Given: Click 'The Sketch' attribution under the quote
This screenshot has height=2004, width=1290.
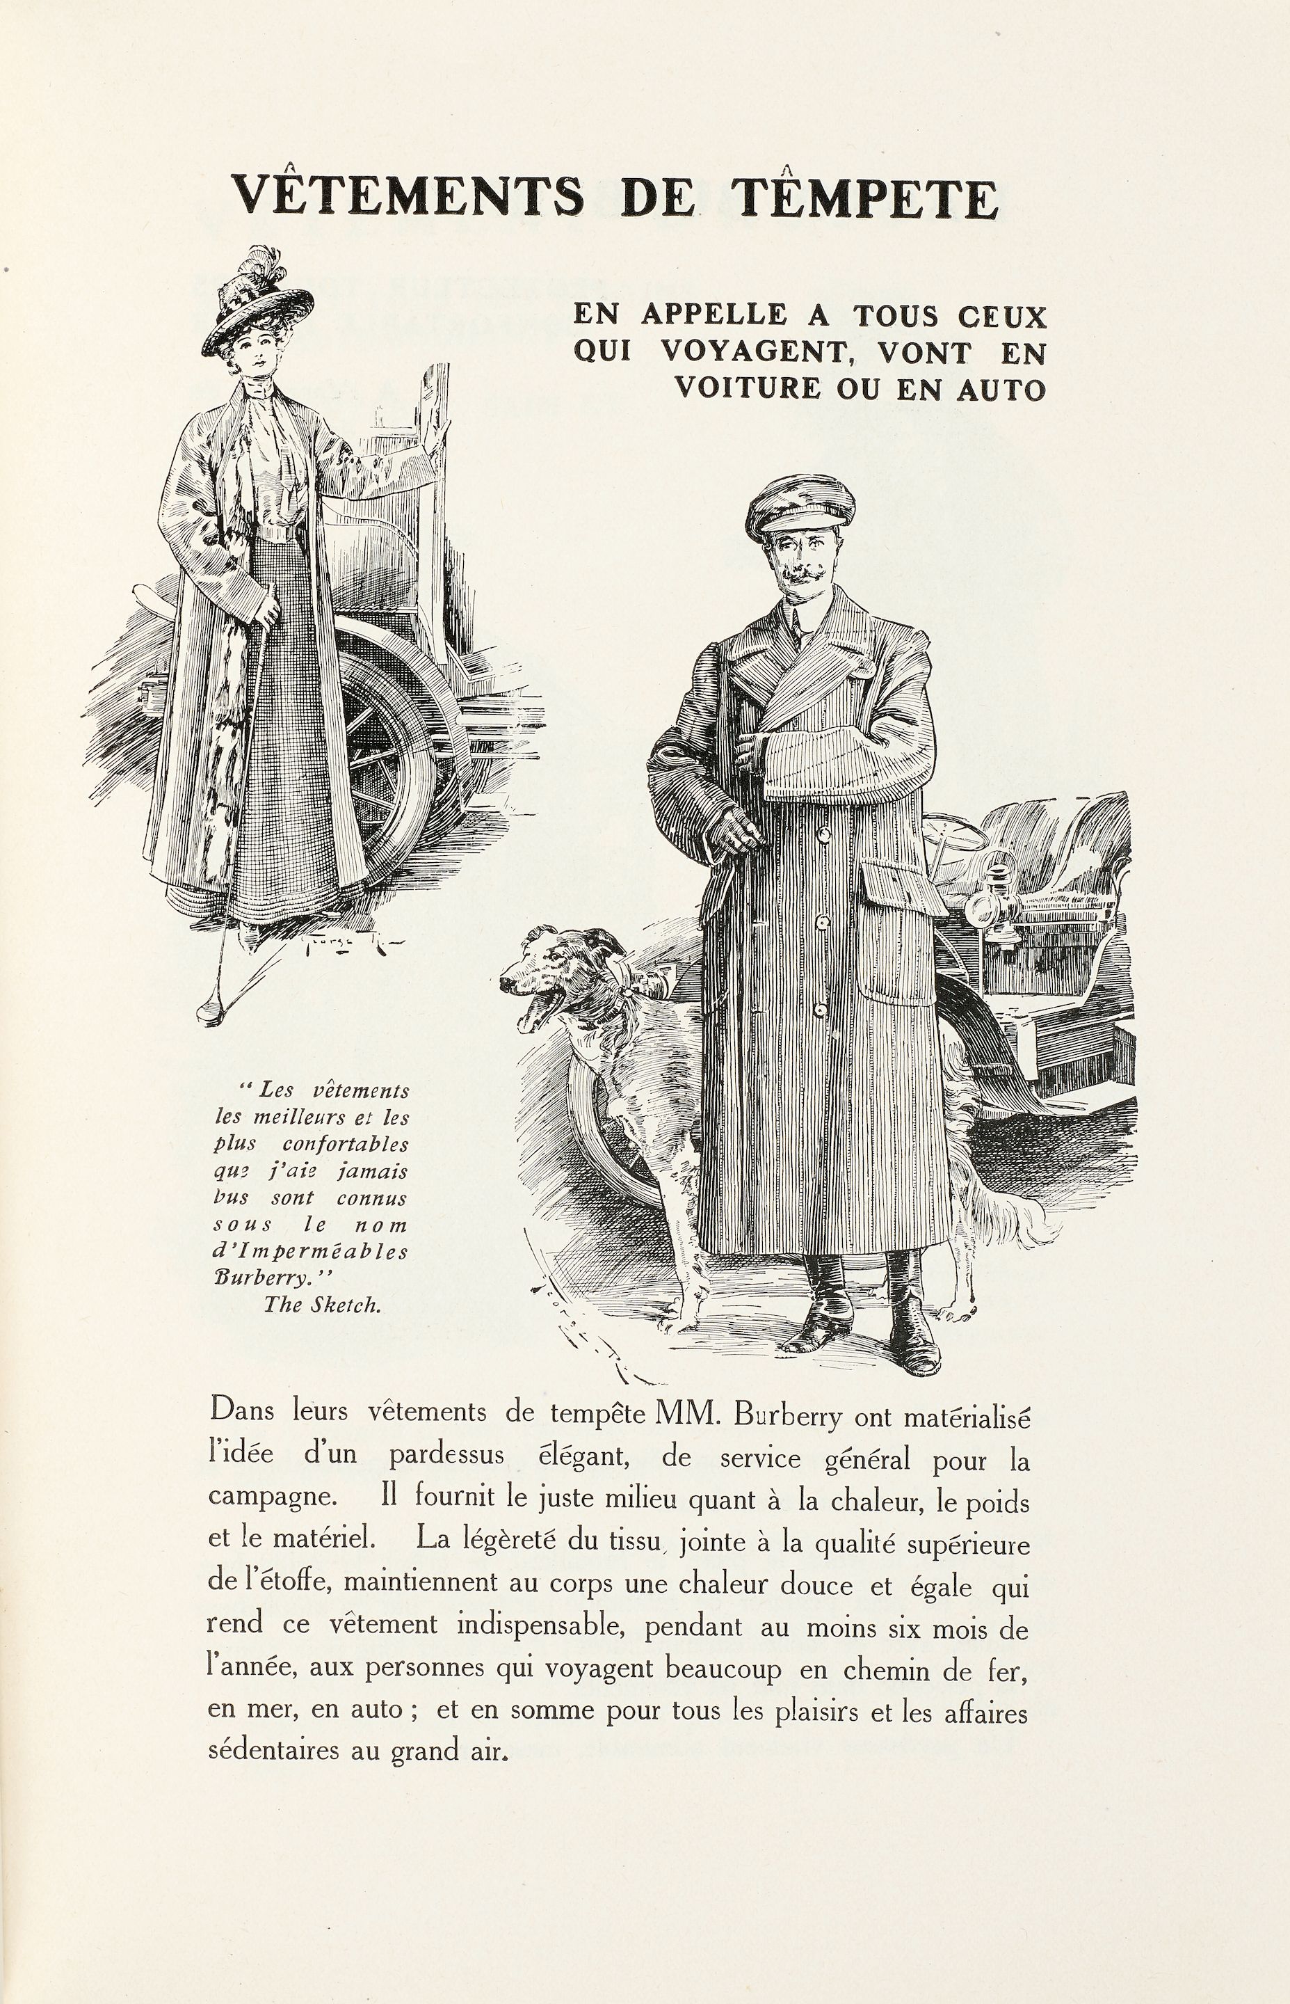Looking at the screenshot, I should tap(323, 1304).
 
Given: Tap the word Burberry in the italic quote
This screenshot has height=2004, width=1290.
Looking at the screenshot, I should tap(249, 1279).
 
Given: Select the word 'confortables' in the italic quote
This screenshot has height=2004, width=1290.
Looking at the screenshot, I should tap(345, 1145).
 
